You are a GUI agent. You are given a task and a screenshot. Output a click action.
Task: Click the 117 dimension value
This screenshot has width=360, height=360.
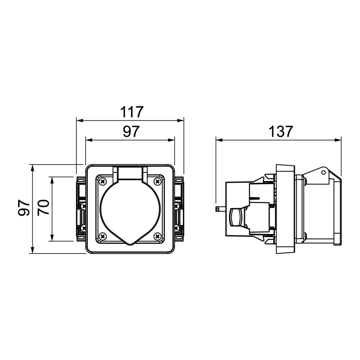132,112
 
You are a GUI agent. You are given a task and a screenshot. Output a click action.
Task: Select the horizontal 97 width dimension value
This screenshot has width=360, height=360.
131,131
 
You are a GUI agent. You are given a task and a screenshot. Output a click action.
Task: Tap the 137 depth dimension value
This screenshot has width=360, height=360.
280,132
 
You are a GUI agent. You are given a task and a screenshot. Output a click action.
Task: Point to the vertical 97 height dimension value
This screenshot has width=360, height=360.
24,208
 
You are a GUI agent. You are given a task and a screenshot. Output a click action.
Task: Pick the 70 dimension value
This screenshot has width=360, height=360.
44,207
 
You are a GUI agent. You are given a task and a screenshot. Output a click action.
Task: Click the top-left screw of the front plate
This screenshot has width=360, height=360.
102,182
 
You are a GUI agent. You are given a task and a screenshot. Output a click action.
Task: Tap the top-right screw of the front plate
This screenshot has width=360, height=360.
157,182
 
